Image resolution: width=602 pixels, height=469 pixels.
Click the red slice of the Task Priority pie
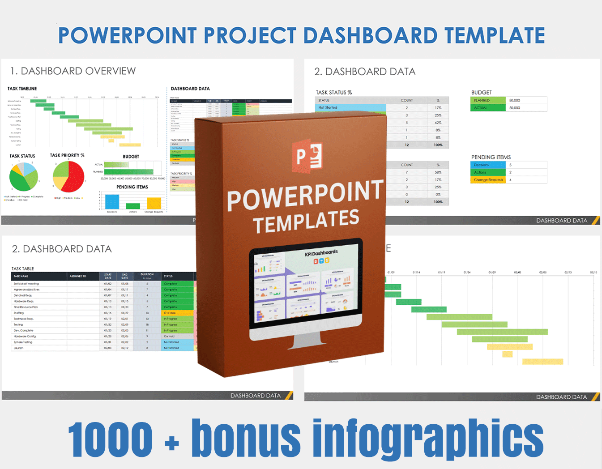74,177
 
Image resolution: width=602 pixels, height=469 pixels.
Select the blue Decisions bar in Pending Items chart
112,201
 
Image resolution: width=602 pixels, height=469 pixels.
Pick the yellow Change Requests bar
154,203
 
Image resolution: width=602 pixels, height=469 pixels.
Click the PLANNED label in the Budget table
482,101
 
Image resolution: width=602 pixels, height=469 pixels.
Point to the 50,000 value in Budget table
515,108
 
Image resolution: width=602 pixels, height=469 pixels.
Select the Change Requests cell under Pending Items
488,180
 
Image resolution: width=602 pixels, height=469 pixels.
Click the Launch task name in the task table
18,348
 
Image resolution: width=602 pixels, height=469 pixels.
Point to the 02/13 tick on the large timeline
568,273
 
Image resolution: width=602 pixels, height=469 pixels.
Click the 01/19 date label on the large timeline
441,273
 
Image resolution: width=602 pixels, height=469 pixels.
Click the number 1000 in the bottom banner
111,440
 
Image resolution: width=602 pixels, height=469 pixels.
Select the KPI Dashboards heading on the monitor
321,253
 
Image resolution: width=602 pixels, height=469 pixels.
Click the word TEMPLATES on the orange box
306,221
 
